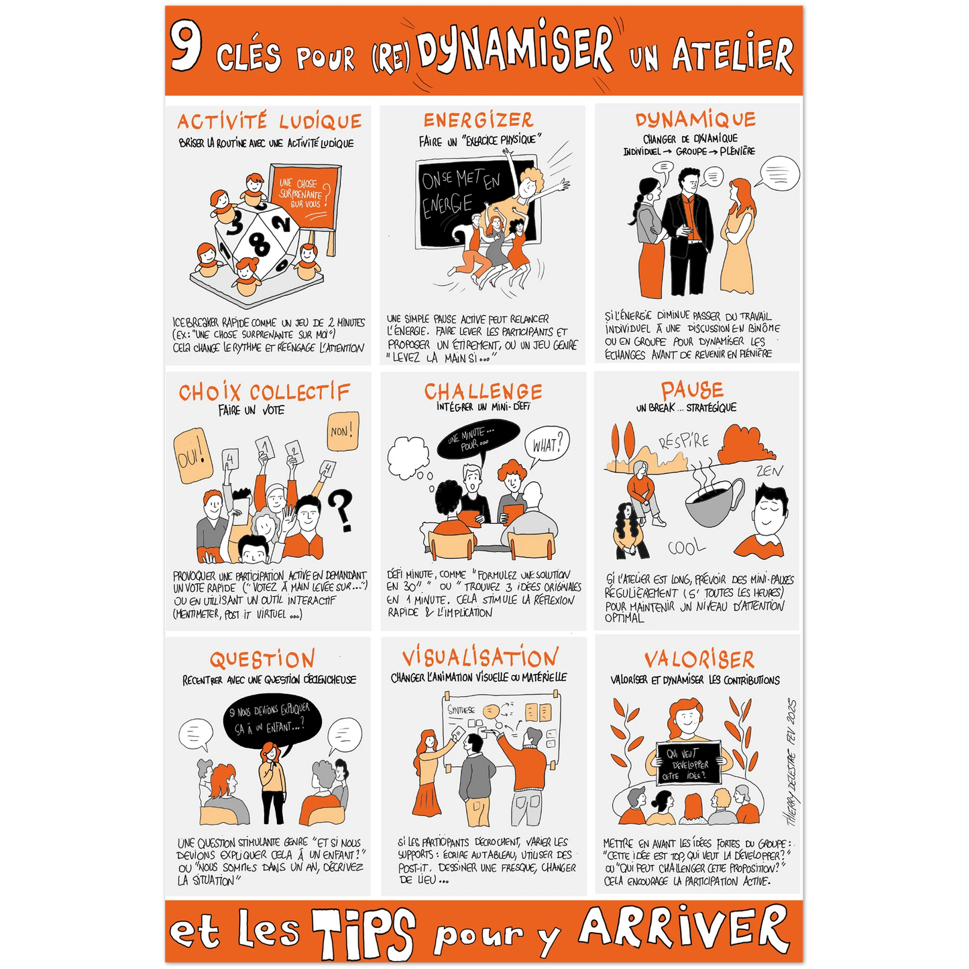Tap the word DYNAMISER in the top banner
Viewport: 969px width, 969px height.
pos(516,48)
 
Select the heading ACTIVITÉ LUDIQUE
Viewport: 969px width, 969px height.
pos(270,121)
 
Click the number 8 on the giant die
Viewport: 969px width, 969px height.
pos(260,245)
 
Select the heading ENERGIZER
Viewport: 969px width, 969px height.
pos(478,120)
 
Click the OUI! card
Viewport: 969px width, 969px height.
pos(192,456)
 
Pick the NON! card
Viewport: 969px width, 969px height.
pos(343,432)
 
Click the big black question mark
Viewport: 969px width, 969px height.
pos(342,510)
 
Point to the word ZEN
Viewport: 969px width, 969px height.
pos(769,471)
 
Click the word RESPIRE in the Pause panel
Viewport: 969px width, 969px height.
pos(685,441)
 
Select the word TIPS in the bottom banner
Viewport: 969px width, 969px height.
pos(363,933)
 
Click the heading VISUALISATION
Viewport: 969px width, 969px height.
pos(480,657)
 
